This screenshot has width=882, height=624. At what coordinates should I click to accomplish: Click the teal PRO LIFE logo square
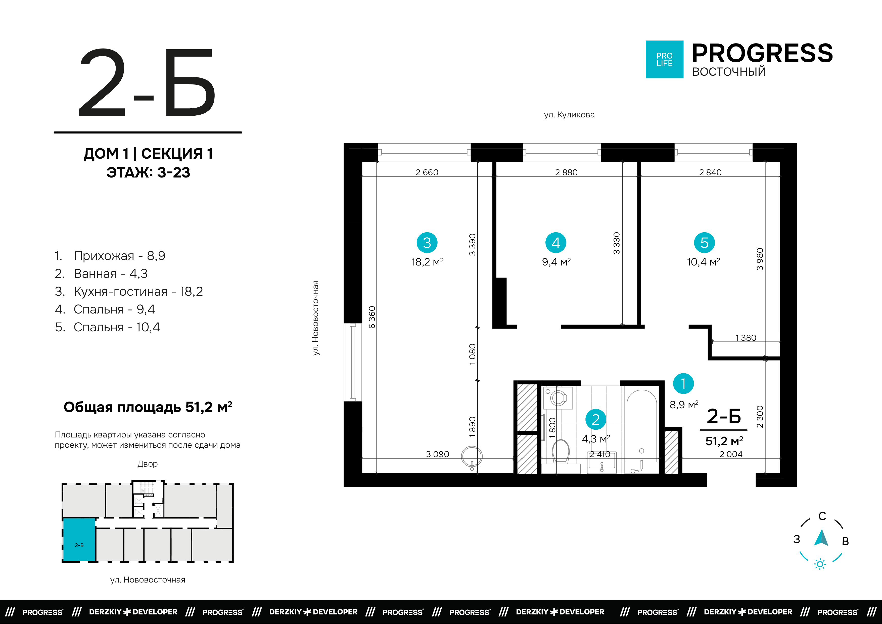(664, 60)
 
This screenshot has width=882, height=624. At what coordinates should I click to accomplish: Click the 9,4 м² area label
(556, 262)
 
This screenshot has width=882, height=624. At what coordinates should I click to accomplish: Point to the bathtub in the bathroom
(641, 426)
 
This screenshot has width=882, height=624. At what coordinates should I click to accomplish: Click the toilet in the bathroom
(561, 452)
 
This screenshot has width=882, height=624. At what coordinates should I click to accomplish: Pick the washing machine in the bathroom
(558, 398)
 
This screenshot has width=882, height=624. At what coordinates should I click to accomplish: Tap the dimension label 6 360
(372, 317)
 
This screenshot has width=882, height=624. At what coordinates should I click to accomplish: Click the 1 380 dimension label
(746, 338)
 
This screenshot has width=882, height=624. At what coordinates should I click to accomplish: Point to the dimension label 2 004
(731, 454)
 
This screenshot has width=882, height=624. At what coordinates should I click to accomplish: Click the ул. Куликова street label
(569, 114)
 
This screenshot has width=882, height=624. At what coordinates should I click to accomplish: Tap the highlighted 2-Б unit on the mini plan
(79, 540)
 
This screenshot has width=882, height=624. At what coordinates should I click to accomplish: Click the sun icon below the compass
(820, 564)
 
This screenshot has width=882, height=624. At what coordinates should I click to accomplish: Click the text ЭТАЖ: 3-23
(148, 172)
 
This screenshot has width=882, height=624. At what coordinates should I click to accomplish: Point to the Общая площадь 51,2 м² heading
(148, 407)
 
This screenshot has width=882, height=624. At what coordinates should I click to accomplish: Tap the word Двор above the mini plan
(148, 464)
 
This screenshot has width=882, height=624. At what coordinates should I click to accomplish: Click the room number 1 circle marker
(683, 383)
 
